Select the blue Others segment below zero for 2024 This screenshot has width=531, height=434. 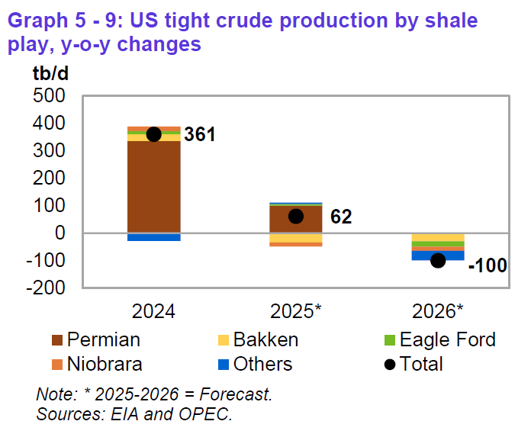153,237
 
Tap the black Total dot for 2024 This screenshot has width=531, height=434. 153,134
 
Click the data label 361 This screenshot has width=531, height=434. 200,135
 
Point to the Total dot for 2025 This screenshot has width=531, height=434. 295,216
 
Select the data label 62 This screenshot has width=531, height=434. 340,217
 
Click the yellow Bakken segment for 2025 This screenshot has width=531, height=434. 295,238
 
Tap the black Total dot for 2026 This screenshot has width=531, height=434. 438,260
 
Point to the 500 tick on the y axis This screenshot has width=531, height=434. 50,96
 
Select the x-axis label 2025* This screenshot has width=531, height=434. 295,312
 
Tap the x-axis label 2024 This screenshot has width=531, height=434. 153,312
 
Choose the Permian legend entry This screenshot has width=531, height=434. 95,340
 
